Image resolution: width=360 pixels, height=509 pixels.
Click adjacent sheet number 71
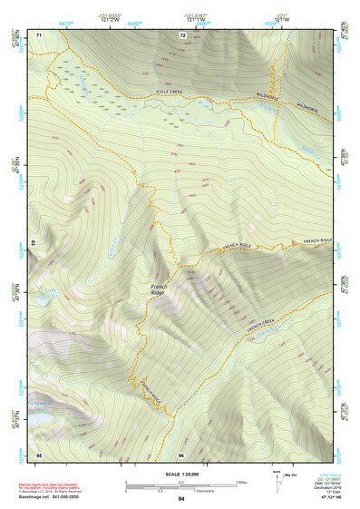point(39,35)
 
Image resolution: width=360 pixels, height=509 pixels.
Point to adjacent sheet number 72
point(182,35)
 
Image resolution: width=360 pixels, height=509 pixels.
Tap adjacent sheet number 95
point(39,453)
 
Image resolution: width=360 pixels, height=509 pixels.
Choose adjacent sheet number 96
point(181,453)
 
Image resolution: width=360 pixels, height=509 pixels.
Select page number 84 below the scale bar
point(181,499)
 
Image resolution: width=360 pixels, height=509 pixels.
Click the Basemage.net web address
point(37,499)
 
